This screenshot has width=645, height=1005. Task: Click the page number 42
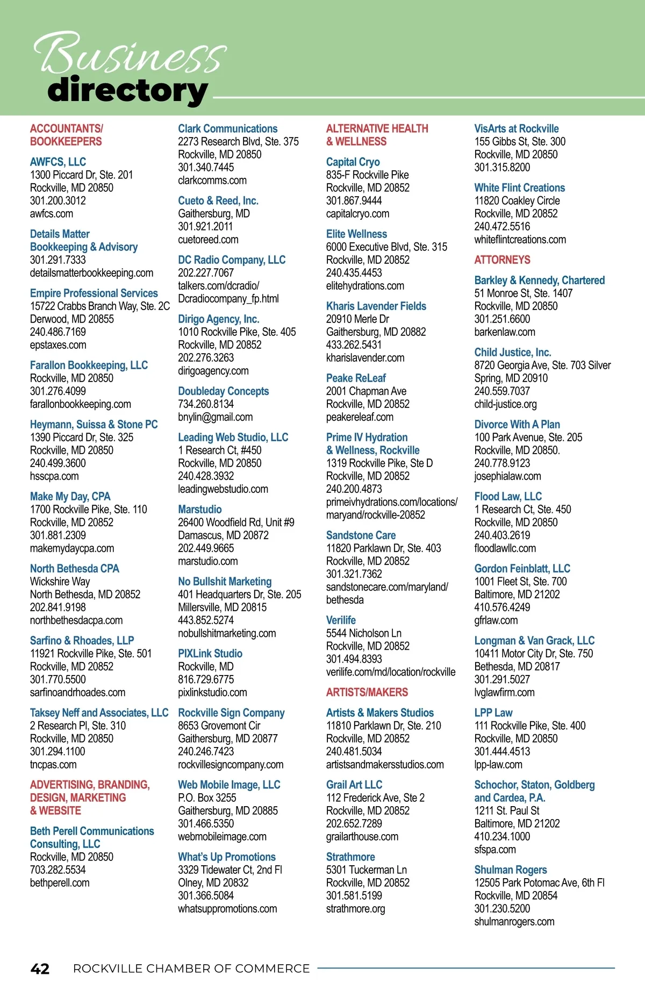point(40,968)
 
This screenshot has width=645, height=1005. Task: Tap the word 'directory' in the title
point(127,91)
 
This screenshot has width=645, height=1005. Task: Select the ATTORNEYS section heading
point(502,260)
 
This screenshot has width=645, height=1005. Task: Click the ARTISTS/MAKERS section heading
point(367,692)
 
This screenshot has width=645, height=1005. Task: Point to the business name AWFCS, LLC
point(58,162)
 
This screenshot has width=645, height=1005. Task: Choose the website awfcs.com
point(52,213)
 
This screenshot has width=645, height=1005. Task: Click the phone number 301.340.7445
point(206,167)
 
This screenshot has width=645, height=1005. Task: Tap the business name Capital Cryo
point(353,162)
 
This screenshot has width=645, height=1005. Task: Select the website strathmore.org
point(355,909)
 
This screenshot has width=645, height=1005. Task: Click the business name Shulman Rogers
point(511,870)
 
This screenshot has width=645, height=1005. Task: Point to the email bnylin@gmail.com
point(215,417)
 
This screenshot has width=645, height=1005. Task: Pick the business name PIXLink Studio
point(210,654)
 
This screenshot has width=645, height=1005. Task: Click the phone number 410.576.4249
point(502,607)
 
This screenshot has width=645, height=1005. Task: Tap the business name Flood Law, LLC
point(508,497)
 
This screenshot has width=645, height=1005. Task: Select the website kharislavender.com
point(365,358)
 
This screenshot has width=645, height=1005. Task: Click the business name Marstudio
point(200,509)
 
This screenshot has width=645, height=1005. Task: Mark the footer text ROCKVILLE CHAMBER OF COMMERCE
point(191,968)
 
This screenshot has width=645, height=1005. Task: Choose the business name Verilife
point(341,620)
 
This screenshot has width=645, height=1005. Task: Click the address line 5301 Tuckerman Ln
point(366,870)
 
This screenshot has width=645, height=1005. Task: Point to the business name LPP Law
point(493,713)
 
